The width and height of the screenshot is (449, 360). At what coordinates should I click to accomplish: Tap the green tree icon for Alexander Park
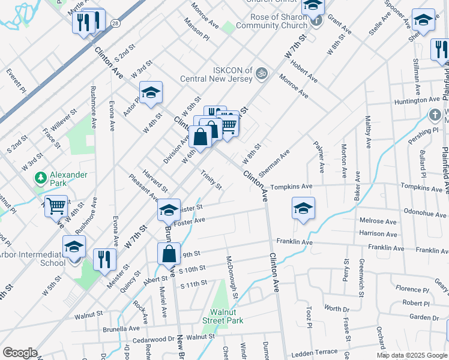click(x=40, y=178)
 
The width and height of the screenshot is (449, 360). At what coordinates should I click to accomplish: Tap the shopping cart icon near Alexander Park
click(x=56, y=206)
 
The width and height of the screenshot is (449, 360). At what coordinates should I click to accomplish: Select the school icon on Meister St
click(x=169, y=210)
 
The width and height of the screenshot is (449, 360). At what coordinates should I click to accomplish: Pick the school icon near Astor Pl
click(x=151, y=92)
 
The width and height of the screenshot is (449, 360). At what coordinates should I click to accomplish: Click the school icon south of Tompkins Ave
click(x=304, y=209)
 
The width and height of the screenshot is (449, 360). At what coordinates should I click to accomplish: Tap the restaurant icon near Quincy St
click(x=104, y=259)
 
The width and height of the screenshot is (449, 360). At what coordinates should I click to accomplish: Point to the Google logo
click(x=20, y=353)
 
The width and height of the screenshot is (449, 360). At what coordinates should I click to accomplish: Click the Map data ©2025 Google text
click(x=412, y=355)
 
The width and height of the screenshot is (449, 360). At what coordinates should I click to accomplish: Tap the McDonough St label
click(x=232, y=277)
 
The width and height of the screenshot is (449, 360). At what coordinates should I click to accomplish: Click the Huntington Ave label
click(x=418, y=100)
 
